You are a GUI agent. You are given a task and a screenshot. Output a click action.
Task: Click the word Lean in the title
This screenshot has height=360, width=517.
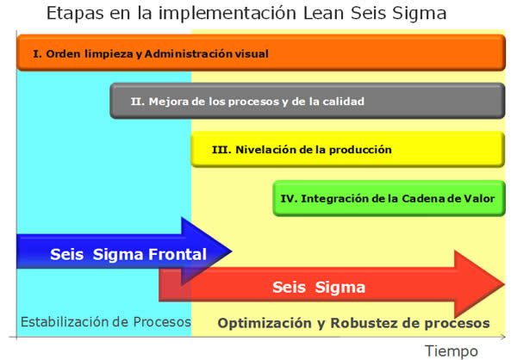324,14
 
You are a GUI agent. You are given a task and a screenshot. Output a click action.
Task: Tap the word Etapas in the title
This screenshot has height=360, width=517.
75,14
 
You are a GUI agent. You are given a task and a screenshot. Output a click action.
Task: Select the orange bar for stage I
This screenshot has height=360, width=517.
261,53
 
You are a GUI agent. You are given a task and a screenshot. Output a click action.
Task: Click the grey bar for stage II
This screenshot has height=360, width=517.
308,101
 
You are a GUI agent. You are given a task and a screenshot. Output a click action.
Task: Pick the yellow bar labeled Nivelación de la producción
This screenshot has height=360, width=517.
348,149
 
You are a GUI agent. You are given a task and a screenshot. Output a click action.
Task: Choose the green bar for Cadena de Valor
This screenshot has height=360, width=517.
389,198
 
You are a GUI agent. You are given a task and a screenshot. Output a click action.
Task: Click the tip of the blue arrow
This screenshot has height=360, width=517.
232,251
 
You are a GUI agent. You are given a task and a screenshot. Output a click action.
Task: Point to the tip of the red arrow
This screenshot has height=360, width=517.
505,284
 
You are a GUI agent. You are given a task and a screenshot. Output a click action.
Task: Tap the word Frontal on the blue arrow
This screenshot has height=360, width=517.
178,254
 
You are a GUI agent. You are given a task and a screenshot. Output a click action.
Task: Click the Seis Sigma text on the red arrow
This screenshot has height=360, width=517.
319,287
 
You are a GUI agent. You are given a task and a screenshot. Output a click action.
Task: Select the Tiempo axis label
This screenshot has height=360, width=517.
451,351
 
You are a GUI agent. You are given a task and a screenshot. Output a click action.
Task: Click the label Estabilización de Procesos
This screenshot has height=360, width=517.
106,322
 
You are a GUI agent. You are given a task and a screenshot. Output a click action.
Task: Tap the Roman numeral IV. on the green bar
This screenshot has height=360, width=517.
289,198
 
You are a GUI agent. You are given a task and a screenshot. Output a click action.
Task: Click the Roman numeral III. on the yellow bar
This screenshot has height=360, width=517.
221,150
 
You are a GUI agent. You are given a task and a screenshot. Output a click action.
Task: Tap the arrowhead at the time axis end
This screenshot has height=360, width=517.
503,337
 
